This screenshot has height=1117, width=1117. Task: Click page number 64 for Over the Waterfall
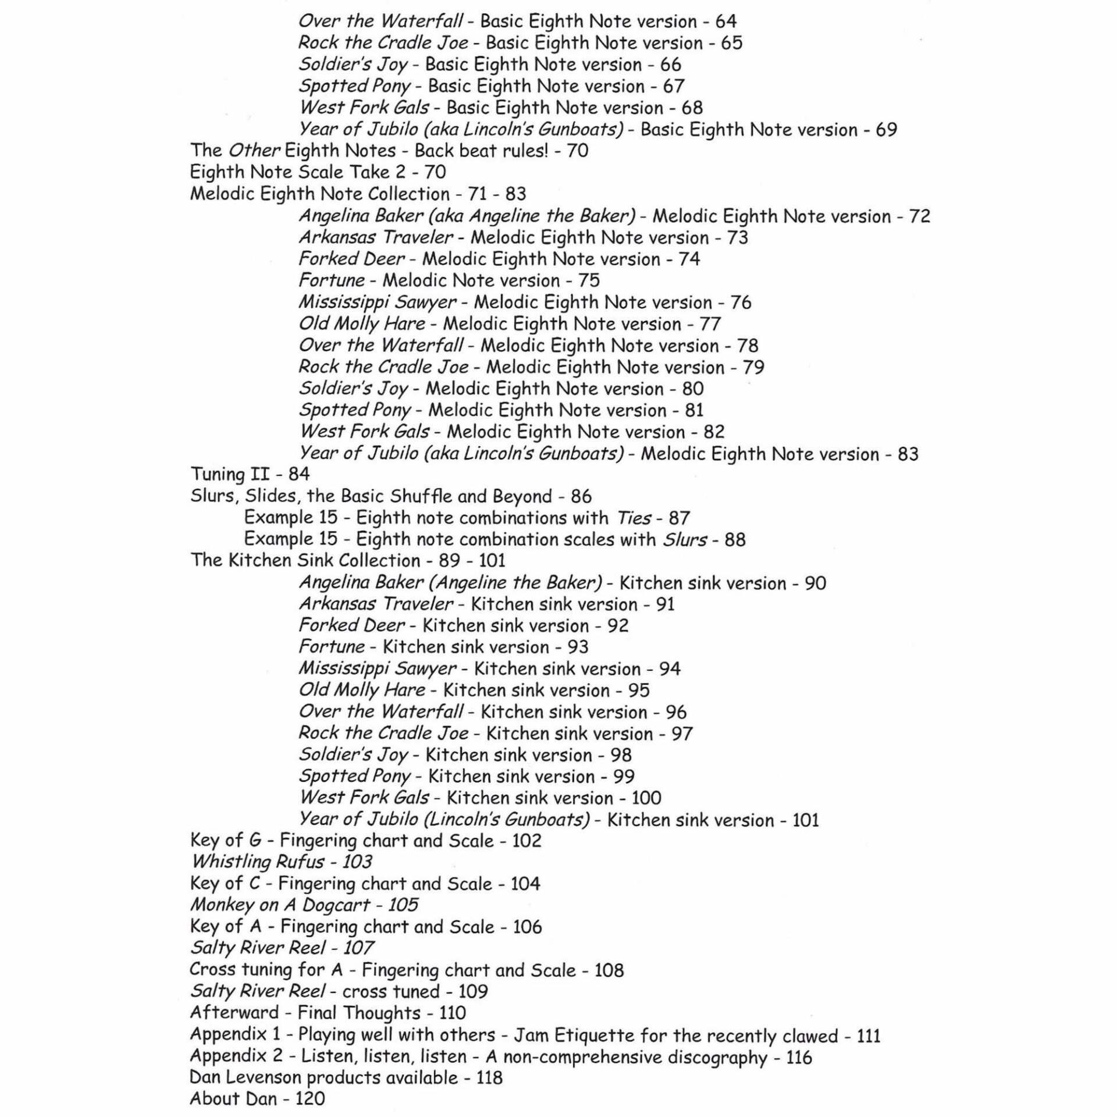(x=725, y=22)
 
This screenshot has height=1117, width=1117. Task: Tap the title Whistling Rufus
(x=258, y=862)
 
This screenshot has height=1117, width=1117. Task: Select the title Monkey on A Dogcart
(x=280, y=905)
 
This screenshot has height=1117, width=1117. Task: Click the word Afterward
(x=234, y=1012)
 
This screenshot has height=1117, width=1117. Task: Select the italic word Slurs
(x=685, y=540)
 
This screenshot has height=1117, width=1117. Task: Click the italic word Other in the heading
(x=254, y=151)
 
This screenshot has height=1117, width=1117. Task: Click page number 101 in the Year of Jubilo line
(x=806, y=820)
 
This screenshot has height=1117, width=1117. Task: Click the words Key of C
(x=225, y=883)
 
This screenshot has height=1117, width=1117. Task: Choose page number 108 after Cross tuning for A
(x=609, y=970)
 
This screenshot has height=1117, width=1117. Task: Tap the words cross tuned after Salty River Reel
(x=390, y=991)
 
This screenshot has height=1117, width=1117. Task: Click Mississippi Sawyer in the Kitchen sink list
(x=378, y=669)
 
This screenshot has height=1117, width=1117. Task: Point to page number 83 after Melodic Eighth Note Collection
(x=515, y=194)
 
